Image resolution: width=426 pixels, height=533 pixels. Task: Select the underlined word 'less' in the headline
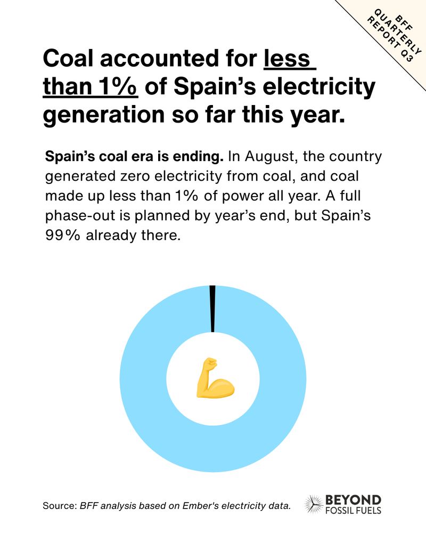(x=290, y=58)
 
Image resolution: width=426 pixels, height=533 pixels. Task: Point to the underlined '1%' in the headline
(x=117, y=86)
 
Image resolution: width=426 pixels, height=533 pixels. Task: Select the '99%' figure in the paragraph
(x=63, y=235)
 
